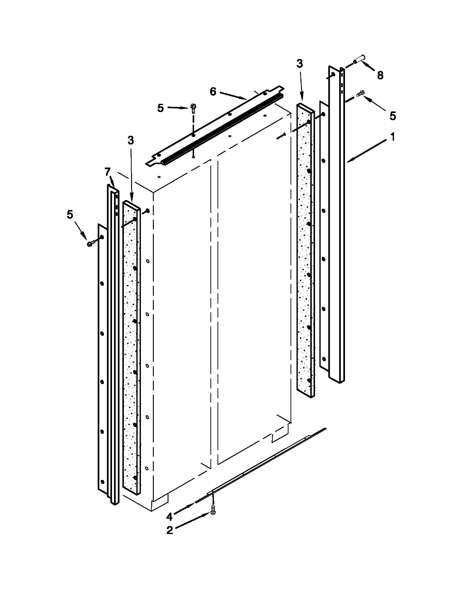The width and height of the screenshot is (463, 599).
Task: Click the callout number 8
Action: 380,75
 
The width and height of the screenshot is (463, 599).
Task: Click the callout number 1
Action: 393,136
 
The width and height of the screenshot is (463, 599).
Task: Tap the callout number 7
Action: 107,172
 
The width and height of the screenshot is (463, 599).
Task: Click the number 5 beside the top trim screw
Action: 161,108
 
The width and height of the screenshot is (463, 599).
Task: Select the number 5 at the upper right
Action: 393,116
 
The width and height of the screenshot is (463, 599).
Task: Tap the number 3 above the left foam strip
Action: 131,140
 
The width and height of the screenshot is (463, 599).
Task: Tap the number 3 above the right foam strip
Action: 300,64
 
